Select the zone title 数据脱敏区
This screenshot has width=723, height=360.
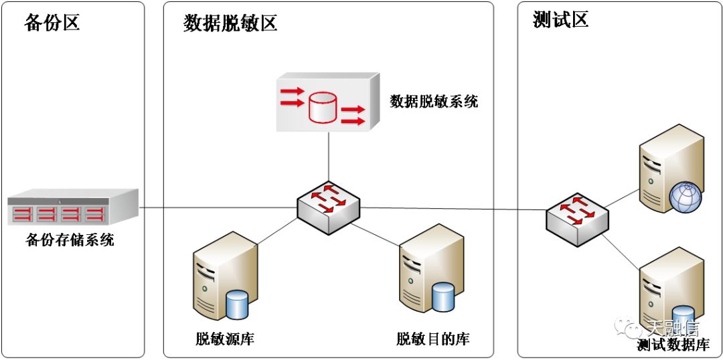(x=230, y=23)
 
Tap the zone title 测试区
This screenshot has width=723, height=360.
(x=560, y=20)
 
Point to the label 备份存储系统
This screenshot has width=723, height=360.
(x=70, y=240)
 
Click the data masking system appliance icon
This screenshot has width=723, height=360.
(x=327, y=102)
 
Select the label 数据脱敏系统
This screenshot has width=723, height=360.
(x=434, y=102)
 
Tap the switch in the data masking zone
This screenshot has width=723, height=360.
(x=328, y=208)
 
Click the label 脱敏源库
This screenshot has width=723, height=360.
(x=225, y=339)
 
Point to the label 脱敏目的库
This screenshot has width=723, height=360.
(x=433, y=339)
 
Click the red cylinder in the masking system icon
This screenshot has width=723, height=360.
(x=322, y=108)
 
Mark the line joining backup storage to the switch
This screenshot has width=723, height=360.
(x=218, y=208)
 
